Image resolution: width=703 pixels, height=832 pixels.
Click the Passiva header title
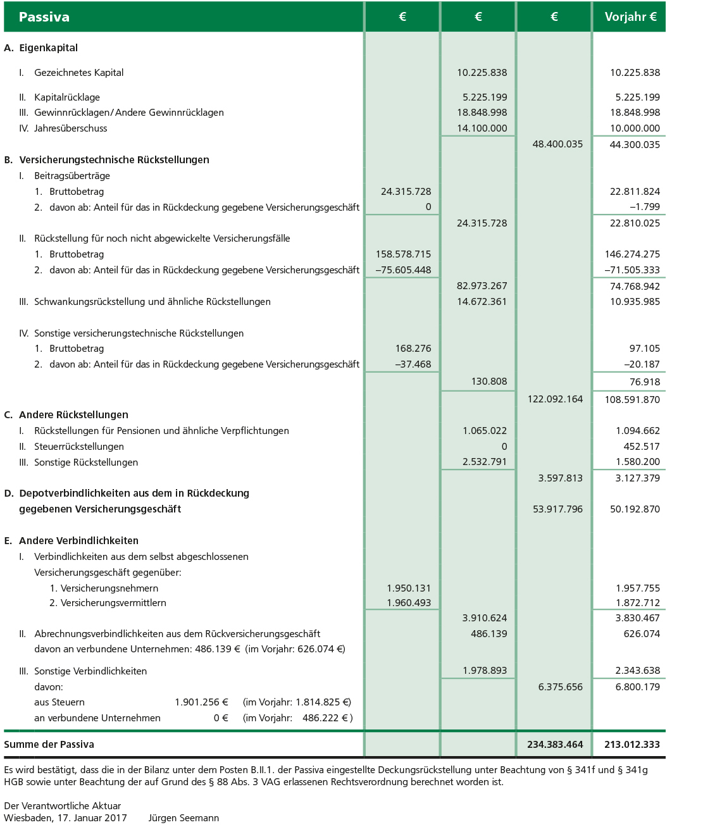pyautogui.click(x=44, y=17)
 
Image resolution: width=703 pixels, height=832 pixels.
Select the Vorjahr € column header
pyautogui.click(x=630, y=17)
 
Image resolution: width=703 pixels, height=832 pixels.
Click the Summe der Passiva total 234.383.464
pyautogui.click(x=555, y=745)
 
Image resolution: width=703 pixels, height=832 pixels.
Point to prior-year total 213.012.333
pyautogui.click(x=631, y=745)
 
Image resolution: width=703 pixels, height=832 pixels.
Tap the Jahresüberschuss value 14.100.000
pyautogui.click(x=482, y=128)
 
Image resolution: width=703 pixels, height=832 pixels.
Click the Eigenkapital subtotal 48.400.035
pyautogui.click(x=557, y=144)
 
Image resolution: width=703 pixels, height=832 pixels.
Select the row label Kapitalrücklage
pyautogui.click(x=66, y=97)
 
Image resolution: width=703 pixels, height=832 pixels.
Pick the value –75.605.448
pyautogui.click(x=403, y=270)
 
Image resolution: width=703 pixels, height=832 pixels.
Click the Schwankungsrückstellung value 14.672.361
pyautogui.click(x=482, y=302)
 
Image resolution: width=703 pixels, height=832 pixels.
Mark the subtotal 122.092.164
pyautogui.click(x=555, y=399)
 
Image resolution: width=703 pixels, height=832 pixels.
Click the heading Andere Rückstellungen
pyautogui.click(x=73, y=415)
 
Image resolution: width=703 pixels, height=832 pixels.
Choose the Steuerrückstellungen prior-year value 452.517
pyautogui.click(x=642, y=447)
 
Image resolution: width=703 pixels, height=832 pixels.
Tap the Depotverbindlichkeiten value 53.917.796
pyautogui.click(x=557, y=509)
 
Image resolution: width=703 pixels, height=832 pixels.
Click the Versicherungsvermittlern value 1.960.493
pyautogui.click(x=409, y=603)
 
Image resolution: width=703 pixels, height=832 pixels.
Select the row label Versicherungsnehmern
pyautogui.click(x=109, y=588)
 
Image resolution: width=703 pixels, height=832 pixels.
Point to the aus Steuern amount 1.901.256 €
pyautogui.click(x=201, y=702)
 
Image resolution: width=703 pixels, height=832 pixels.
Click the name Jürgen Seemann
pyautogui.click(x=184, y=818)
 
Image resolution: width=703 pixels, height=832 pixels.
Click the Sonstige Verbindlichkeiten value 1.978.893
pyautogui.click(x=485, y=671)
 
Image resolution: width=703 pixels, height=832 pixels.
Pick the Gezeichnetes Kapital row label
pyautogui.click(x=78, y=73)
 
